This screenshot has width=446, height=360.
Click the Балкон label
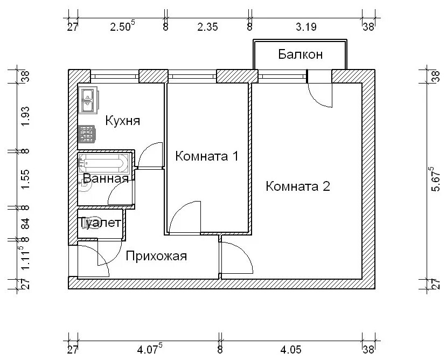click(301, 54)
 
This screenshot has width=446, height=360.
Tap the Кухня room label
click(123, 121)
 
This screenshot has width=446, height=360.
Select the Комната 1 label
click(206, 156)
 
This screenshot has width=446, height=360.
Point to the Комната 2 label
click(298, 186)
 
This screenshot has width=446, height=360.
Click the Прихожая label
click(156, 256)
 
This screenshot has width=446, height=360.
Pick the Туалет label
click(100, 223)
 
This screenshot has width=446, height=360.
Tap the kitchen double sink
click(88, 100)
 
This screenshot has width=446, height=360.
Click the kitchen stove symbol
click(87, 134)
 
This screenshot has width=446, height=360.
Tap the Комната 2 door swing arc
click(245, 251)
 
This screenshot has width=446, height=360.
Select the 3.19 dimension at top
click(306, 27)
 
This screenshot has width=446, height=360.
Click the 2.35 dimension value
click(207, 27)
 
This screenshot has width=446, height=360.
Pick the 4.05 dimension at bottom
click(291, 349)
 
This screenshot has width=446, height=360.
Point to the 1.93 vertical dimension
click(26, 116)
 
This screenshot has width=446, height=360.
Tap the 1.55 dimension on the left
click(26, 179)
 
